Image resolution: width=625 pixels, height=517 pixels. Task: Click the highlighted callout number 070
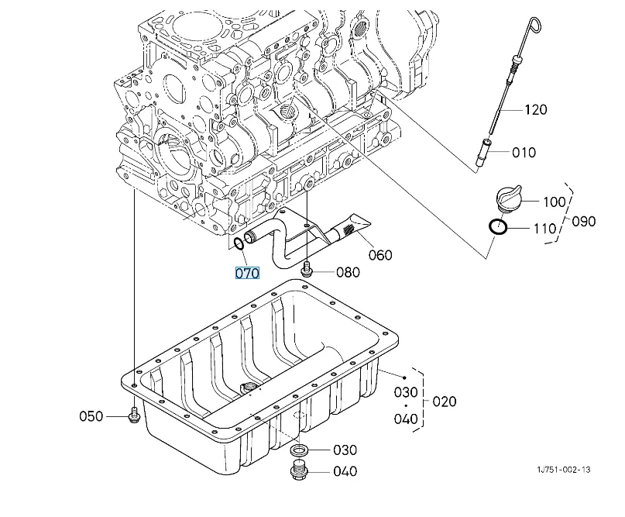[248, 273]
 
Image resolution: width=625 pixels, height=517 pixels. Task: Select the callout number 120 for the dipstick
[536, 109]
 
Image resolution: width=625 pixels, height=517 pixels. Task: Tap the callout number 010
[524, 152]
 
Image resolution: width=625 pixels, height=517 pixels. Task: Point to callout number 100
[555, 202]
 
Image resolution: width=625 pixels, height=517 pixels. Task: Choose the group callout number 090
[584, 221]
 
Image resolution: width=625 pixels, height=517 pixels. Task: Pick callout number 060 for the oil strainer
[379, 254]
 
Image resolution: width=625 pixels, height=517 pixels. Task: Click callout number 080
[348, 272]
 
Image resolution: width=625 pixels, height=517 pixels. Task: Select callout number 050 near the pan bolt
[91, 416]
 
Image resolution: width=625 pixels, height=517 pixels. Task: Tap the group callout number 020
[444, 401]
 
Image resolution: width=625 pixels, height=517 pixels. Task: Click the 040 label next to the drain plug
[345, 471]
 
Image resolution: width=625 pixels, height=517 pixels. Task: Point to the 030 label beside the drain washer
[345, 450]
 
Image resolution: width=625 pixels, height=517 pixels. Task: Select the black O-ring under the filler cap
[499, 227]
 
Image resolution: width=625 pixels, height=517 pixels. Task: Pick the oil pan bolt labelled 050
[135, 415]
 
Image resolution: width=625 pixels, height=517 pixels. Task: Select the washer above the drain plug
[299, 450]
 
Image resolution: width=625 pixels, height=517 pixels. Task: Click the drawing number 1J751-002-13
[565, 470]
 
